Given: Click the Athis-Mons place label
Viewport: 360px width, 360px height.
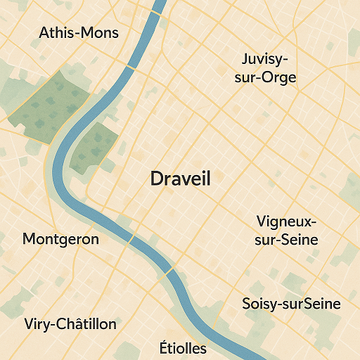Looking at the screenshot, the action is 79,33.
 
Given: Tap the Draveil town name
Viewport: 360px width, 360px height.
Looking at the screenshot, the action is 181,179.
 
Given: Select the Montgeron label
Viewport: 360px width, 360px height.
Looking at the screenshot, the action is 60,239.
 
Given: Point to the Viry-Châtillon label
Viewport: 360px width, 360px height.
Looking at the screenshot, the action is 70,324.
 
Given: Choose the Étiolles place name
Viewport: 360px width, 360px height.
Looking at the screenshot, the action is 183,348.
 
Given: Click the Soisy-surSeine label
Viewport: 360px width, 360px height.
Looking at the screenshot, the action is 291,304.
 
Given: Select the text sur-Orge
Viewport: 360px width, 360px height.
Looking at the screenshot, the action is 266,77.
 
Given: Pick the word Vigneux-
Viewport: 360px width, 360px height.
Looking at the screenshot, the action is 287,221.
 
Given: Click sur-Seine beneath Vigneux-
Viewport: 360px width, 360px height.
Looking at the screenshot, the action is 287,240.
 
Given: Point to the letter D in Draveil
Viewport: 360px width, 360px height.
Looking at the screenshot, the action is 157,179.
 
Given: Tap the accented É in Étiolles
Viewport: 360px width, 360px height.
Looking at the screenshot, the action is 165,347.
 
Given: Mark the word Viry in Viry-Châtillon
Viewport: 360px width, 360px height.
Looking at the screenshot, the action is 37,324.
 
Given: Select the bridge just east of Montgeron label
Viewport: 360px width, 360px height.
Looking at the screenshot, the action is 131,240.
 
